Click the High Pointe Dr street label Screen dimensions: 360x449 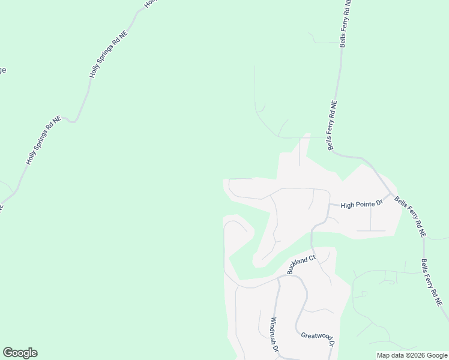pos(361,205)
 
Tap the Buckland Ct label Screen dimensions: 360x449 pos(301,265)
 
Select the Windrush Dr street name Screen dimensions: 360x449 pos(275,335)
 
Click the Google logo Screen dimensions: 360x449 pos(20,353)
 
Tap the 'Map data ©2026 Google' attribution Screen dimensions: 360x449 pos(412,355)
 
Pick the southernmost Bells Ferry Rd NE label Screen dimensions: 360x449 pos(432,283)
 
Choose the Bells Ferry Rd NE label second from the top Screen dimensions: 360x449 pos(331,125)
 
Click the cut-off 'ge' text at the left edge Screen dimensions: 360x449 pos(2,70)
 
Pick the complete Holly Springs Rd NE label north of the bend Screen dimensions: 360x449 pos(109,54)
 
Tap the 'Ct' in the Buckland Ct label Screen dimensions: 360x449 pos(312,259)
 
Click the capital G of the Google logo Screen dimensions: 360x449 pos(8,353)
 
